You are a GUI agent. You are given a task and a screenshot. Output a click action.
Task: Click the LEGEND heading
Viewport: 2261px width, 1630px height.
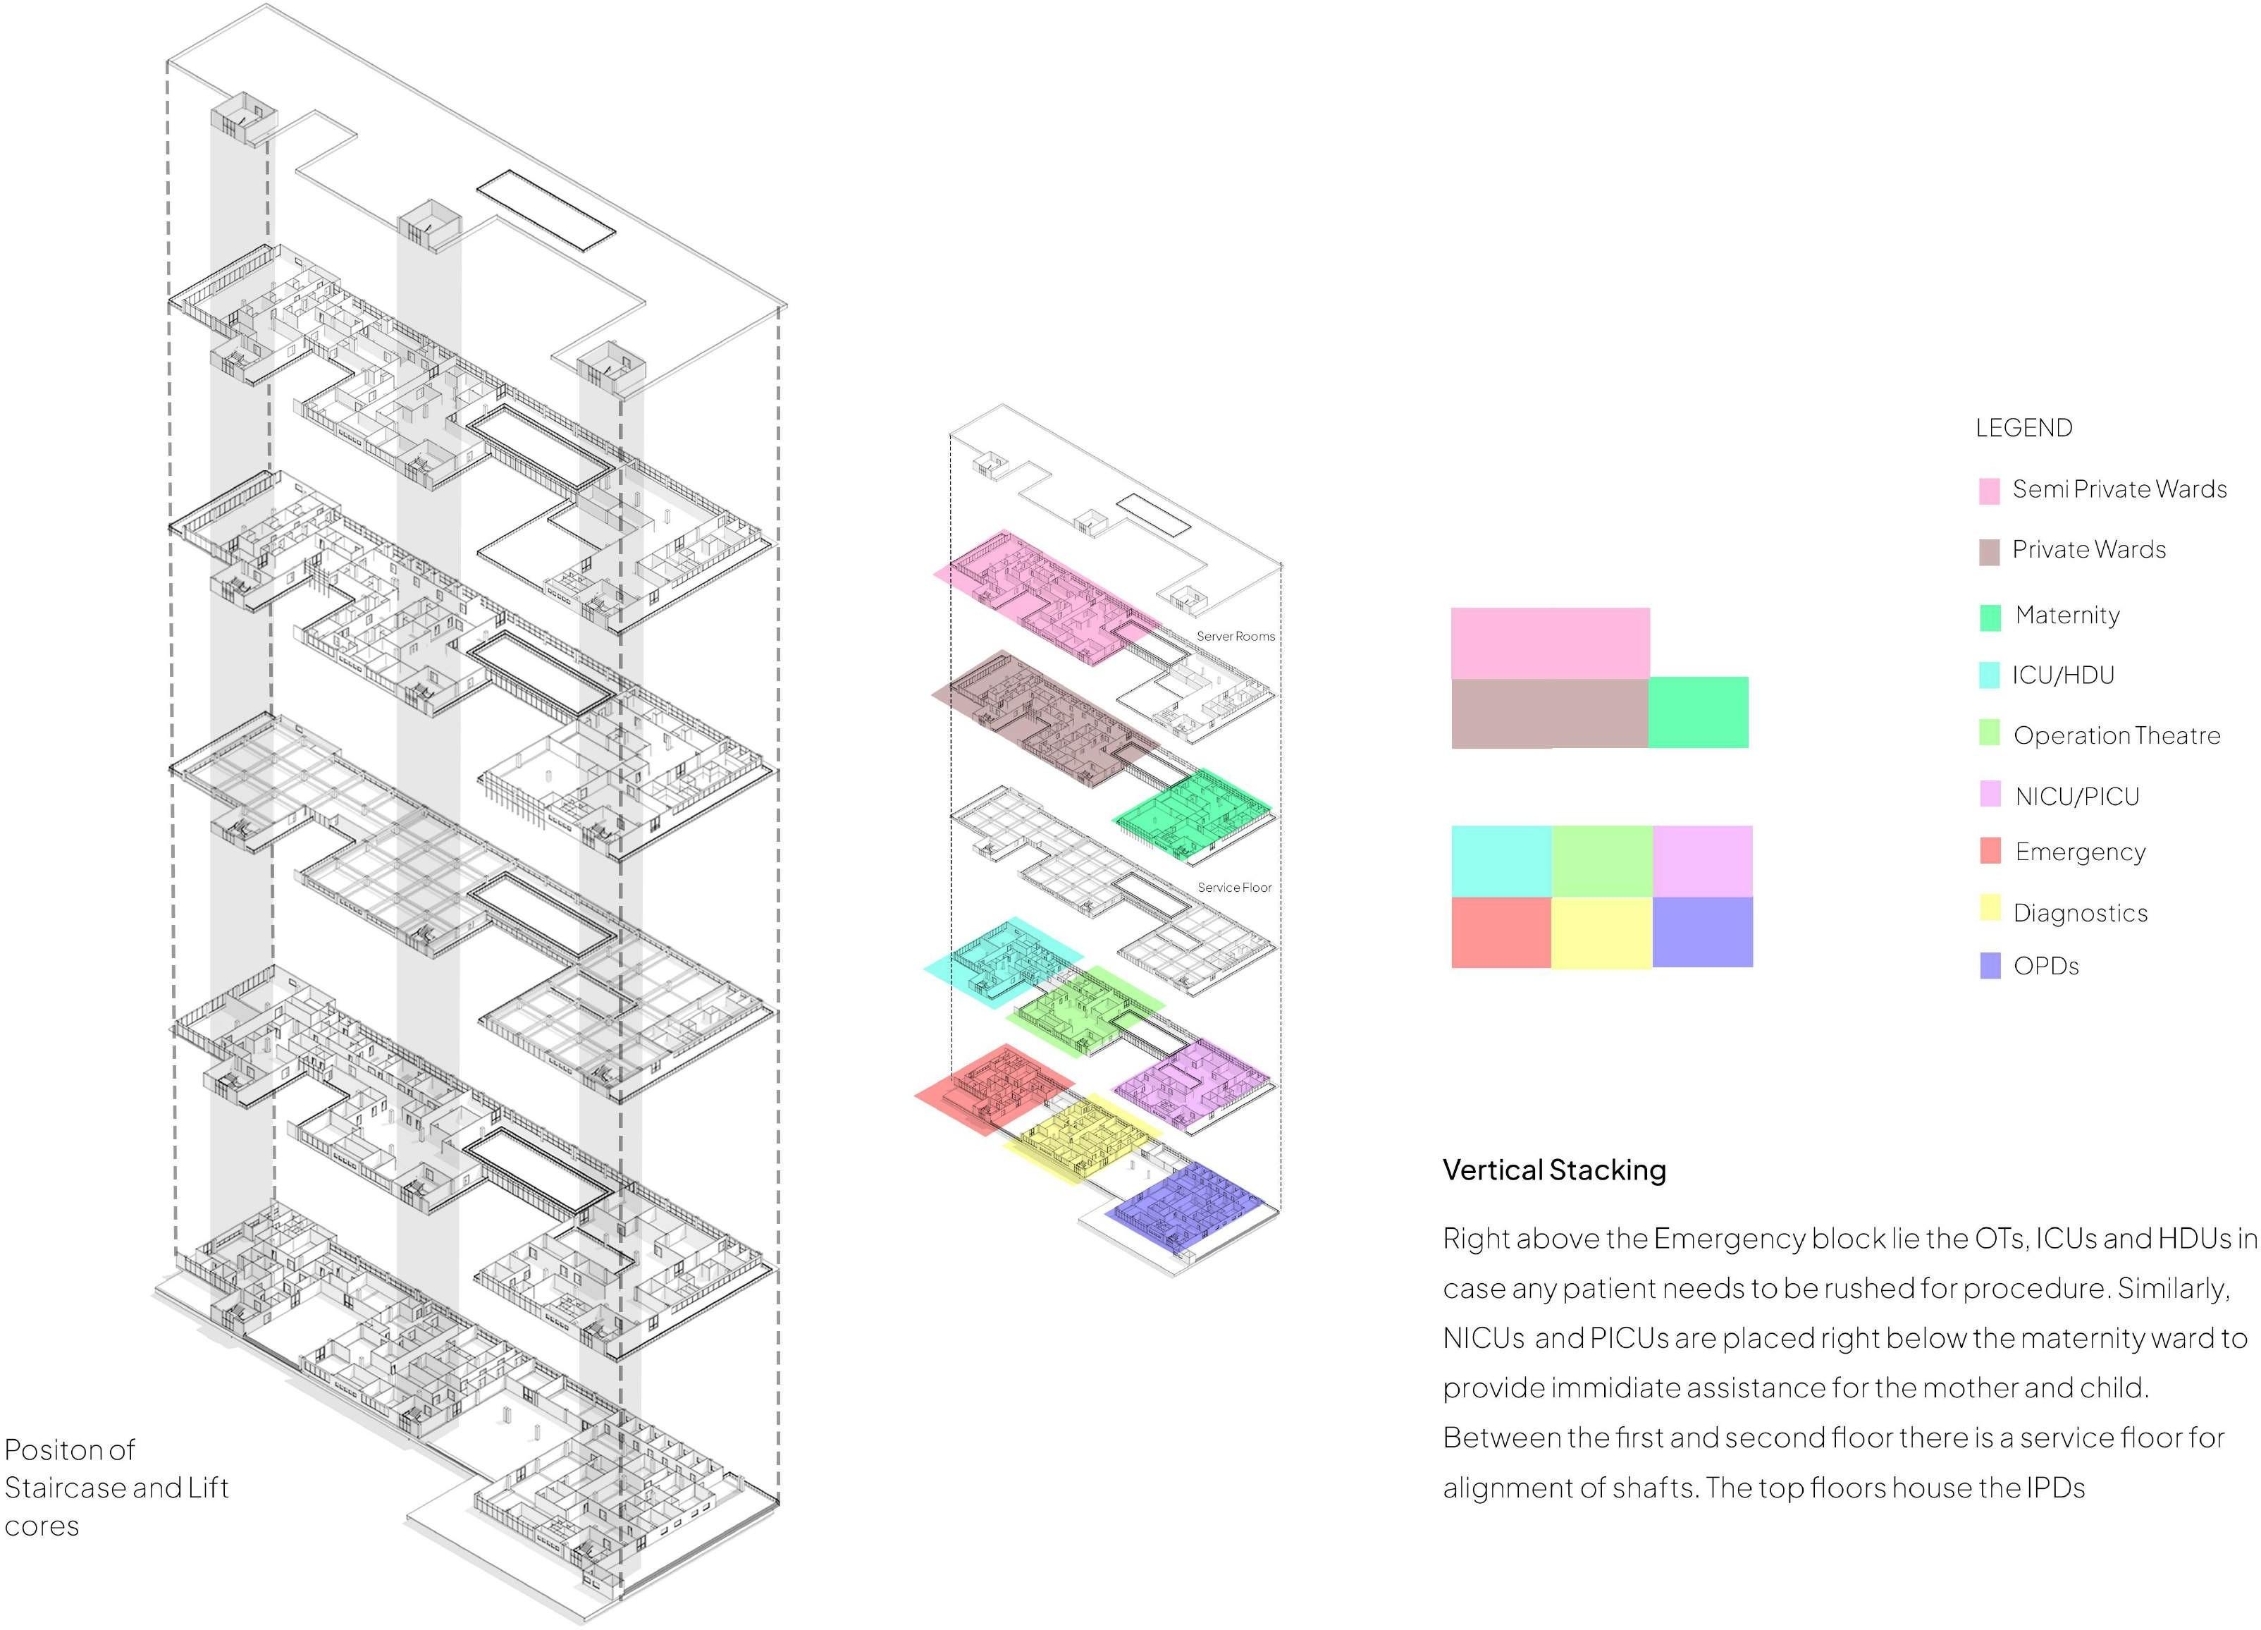tap(2023, 428)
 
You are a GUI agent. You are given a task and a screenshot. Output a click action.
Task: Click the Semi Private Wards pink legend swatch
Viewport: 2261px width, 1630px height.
tap(1989, 491)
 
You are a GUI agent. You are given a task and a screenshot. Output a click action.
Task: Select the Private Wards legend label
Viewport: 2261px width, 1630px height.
tap(2088, 549)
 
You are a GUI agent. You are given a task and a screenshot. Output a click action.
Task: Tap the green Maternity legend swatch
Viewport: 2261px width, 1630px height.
tap(1989, 617)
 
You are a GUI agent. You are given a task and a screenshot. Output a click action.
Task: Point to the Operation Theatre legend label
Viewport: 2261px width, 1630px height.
tap(2117, 736)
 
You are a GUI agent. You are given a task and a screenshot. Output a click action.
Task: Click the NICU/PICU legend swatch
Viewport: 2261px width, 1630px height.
tap(1990, 795)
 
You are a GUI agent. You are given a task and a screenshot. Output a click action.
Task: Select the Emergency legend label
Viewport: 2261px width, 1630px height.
tap(2080, 852)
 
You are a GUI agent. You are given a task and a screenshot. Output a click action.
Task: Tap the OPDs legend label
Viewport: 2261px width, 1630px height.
tap(2045, 966)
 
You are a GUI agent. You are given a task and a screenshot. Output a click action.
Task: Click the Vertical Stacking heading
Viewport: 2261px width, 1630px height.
tap(1554, 1170)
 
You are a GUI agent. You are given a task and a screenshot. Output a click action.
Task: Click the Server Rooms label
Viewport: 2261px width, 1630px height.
tap(1236, 636)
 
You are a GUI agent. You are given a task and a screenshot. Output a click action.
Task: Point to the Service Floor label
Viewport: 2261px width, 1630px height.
tap(1234, 888)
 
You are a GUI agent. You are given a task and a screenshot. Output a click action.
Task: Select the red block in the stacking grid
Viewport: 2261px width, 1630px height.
tap(1501, 932)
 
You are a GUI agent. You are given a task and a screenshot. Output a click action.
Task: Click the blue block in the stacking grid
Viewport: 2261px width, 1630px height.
tap(1701, 932)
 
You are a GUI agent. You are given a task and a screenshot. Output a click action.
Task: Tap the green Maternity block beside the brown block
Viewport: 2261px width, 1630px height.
tap(1698, 712)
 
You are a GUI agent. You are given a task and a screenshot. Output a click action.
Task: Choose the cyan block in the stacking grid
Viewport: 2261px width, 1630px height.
tap(1501, 860)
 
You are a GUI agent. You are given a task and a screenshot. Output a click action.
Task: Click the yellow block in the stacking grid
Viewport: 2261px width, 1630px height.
tap(1601, 932)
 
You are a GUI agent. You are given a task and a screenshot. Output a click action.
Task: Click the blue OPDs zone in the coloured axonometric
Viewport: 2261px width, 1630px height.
tap(1186, 1209)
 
